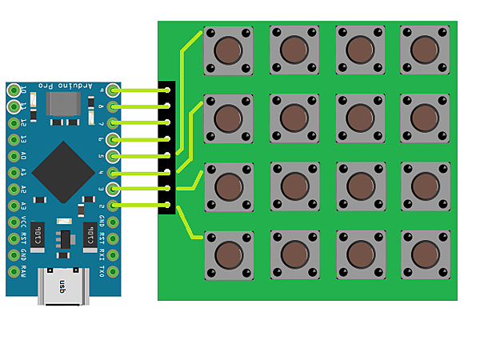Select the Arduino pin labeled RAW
(14, 272)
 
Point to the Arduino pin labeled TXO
(113, 272)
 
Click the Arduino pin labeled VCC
(14, 222)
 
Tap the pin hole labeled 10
(14, 90)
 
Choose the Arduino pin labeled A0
(14, 156)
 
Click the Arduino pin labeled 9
(113, 90)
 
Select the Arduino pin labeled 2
(113, 206)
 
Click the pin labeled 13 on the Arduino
(14, 139)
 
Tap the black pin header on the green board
(167, 147)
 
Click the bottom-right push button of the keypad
(425, 254)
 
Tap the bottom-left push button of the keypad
(229, 254)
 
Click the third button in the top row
(359, 50)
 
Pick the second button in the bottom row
(294, 254)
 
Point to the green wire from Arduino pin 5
(140, 155)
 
